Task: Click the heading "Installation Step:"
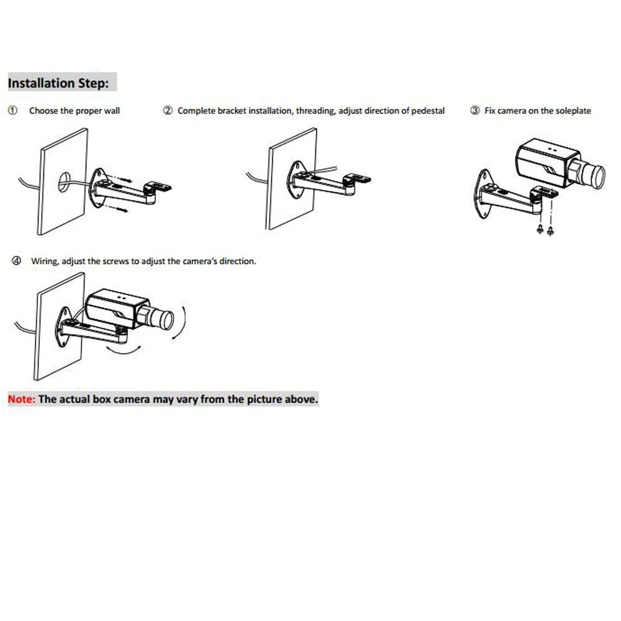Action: click(x=58, y=83)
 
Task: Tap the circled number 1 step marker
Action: click(x=12, y=110)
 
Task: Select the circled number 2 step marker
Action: click(x=168, y=110)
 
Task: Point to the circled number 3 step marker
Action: click(x=475, y=110)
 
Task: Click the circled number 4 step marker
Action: click(x=16, y=261)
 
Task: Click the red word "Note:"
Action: click(x=22, y=399)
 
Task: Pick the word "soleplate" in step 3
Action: click(x=573, y=111)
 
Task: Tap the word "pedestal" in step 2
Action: click(x=428, y=111)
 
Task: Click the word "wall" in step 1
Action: click(x=112, y=111)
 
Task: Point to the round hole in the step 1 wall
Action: click(x=64, y=182)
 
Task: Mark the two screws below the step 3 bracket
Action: click(x=545, y=230)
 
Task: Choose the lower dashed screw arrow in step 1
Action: click(x=117, y=208)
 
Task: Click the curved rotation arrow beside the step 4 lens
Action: click(x=183, y=323)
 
